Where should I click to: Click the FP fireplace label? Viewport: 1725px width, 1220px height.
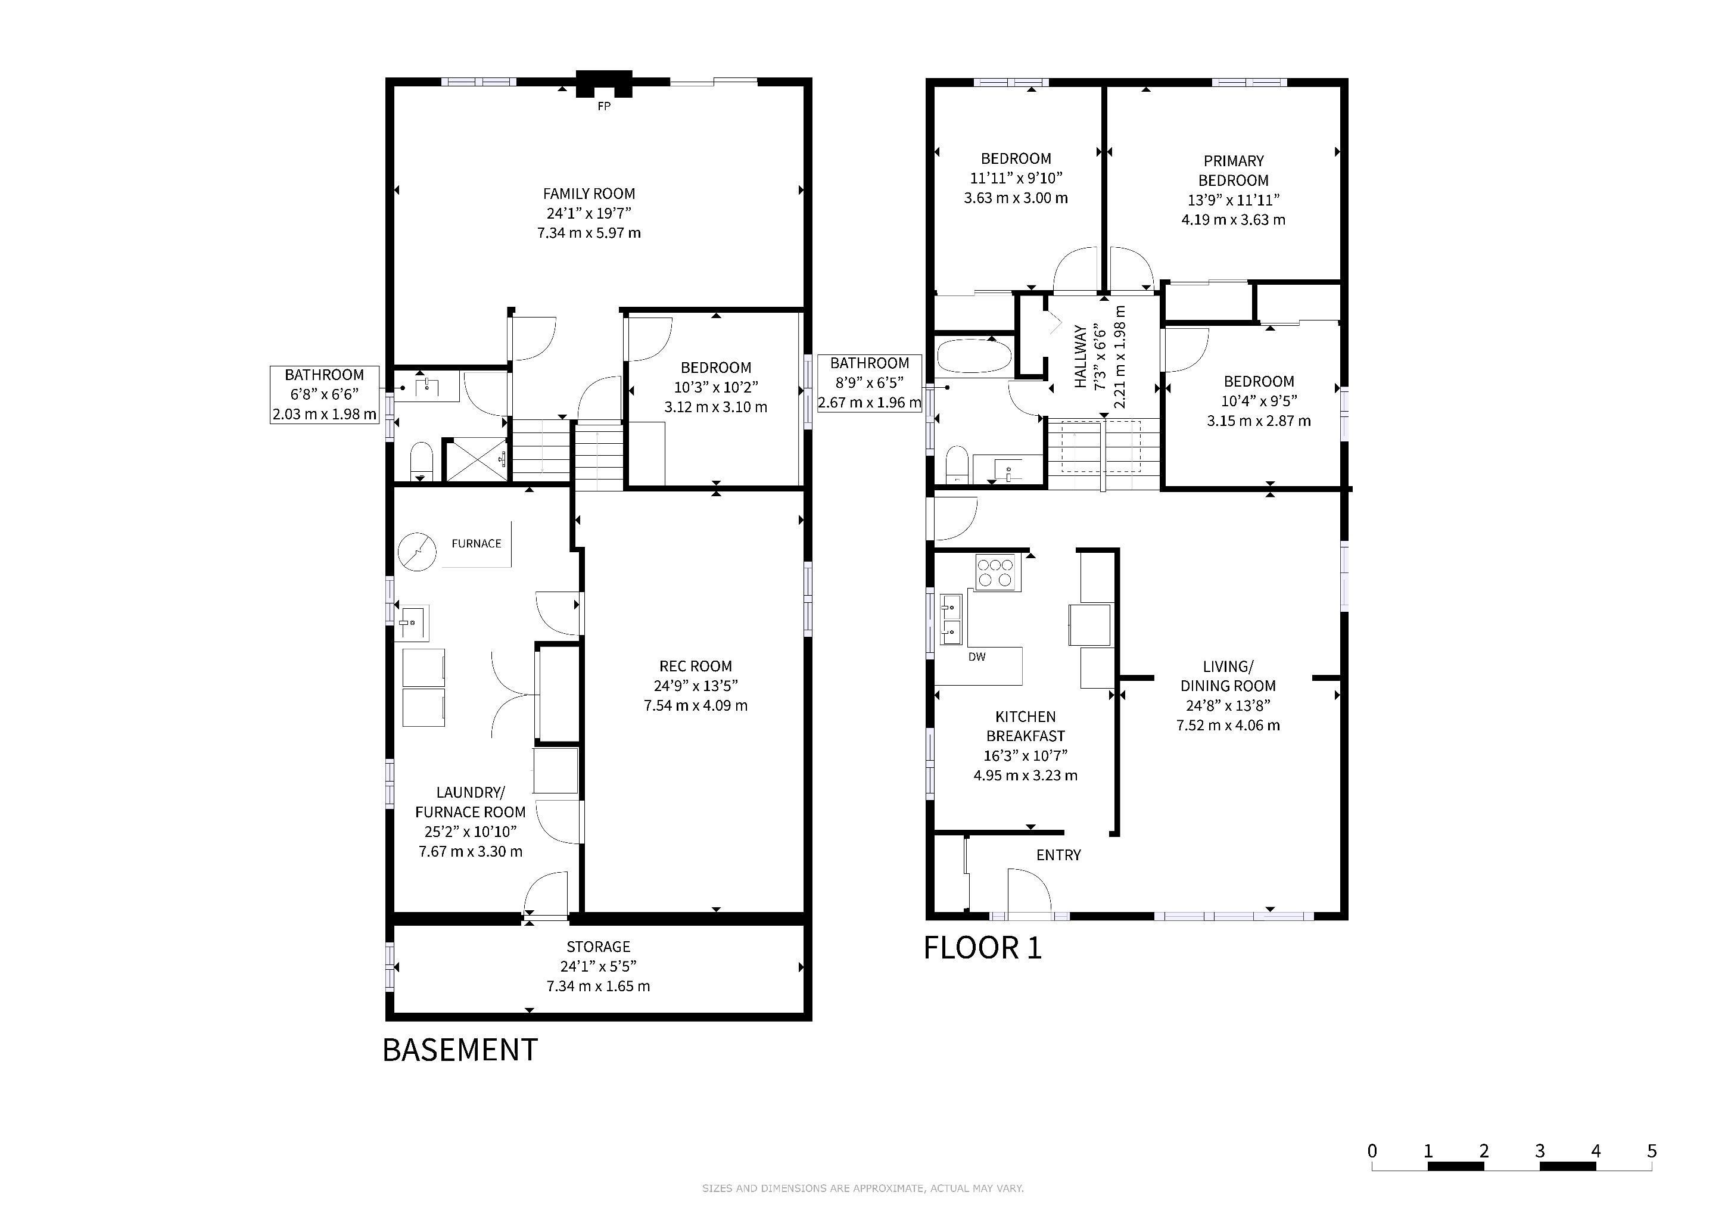coord(603,107)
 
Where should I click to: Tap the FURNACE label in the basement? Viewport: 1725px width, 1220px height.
coord(477,543)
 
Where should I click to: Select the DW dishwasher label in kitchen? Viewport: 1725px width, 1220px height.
coord(977,656)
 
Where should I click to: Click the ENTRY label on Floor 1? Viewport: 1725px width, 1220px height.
coord(1058,855)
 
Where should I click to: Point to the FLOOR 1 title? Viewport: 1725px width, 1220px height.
coord(983,948)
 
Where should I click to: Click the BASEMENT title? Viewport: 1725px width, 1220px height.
coord(460,1050)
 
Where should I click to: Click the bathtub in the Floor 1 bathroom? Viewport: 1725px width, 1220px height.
coord(974,356)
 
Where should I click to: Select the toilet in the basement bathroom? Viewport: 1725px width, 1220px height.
coord(422,460)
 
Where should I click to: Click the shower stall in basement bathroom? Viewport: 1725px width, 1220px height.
coord(477,459)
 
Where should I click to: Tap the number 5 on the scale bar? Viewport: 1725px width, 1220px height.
coord(1651,1151)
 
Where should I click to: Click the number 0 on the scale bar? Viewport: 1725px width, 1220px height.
coord(1372,1151)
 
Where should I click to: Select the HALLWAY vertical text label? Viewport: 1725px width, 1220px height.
coord(1081,356)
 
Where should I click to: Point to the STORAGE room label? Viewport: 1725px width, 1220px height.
coord(598,947)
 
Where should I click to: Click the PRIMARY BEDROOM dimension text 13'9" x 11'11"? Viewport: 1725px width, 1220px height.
coord(1233,200)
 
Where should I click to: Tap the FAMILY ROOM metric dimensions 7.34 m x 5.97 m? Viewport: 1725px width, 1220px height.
coord(589,233)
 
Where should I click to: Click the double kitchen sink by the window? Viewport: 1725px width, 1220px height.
coord(951,620)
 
